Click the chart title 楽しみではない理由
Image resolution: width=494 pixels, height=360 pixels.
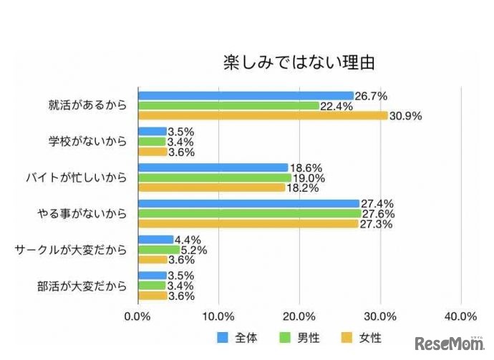pyautogui.click(x=299, y=62)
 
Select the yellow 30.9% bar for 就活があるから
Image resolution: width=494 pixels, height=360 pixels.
pyautogui.click(x=262, y=115)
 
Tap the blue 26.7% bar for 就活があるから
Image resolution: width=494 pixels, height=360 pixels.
pyautogui.click(x=245, y=96)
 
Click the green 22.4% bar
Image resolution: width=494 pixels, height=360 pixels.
pyautogui.click(x=228, y=106)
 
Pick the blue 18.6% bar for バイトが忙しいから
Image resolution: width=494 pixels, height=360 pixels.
pyautogui.click(x=212, y=167)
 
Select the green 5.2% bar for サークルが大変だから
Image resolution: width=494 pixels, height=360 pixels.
pyautogui.click(x=158, y=249)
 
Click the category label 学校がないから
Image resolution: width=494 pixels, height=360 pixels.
pyautogui.click(x=88, y=142)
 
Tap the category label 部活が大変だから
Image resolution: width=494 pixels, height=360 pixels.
pyautogui.click(x=82, y=285)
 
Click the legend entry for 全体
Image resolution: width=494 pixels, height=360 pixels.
pyautogui.click(x=236, y=336)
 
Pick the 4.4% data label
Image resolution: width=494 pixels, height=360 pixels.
pyautogui.click(x=187, y=240)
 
